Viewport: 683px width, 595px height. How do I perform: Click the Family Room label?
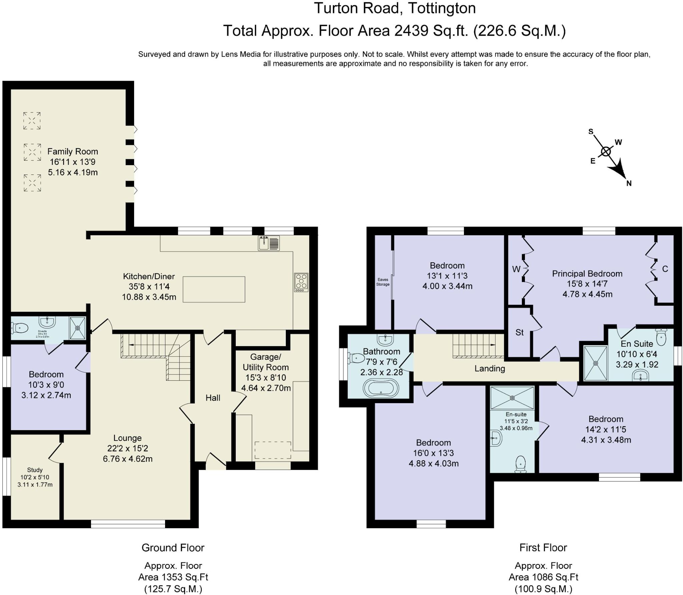coord(73,152)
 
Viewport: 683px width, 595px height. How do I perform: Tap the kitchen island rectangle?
coord(214,289)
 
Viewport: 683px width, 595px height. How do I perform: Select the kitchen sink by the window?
coord(269,243)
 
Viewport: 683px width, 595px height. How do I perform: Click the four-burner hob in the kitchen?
coord(301,282)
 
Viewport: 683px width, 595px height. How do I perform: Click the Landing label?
coord(490,368)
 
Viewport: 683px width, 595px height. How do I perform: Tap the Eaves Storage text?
coord(383,282)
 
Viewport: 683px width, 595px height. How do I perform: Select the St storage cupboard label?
coord(519,332)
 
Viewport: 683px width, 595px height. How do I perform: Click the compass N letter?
coord(629,183)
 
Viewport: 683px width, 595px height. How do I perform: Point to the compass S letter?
coord(591,131)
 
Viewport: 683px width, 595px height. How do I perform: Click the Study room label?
coord(35,470)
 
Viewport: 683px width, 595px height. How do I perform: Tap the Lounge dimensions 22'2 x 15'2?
coord(127,448)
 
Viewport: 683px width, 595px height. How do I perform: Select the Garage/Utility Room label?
coord(265,362)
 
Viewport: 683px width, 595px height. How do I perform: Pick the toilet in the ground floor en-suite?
coord(19,328)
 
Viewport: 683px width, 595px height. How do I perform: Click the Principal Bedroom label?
coord(587,274)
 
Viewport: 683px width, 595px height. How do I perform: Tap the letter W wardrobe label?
coord(516,269)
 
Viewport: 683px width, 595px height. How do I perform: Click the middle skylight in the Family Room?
coord(32,152)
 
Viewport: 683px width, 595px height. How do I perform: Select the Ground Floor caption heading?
coord(173,548)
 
